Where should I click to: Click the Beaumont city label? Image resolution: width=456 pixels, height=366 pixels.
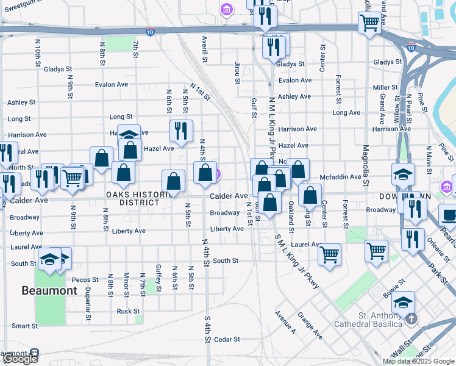click(x=49, y=290)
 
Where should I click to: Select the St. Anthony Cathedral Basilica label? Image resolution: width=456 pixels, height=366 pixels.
click(x=380, y=320)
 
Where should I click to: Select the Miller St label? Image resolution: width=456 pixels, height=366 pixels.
click(x=385, y=88)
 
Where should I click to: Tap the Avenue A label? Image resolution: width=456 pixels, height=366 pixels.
click(x=285, y=323)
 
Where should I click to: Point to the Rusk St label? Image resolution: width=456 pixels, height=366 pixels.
click(x=129, y=311)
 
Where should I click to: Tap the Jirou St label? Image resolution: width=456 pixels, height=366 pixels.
click(x=237, y=70)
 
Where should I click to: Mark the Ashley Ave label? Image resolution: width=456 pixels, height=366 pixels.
click(x=294, y=96)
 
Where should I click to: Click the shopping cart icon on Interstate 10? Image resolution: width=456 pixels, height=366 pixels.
click(x=369, y=24)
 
